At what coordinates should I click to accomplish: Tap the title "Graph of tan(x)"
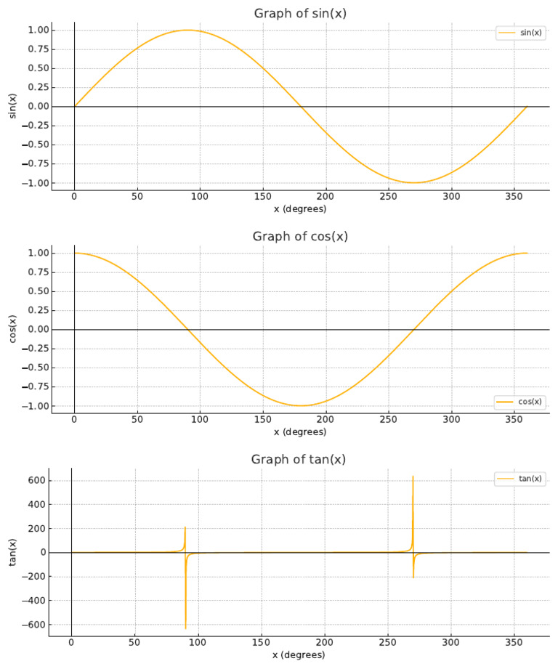coord(299,460)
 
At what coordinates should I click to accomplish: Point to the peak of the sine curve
coord(187,30)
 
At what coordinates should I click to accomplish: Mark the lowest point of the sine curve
coord(414,182)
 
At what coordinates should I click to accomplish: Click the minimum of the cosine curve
coord(301,405)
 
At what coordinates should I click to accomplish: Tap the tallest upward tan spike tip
coord(413,477)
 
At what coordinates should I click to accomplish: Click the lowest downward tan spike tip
coord(185,628)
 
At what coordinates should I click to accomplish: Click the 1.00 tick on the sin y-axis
coord(39,30)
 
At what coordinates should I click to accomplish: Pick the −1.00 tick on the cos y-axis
coord(37,405)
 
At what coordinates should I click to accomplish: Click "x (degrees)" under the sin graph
coord(300,209)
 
